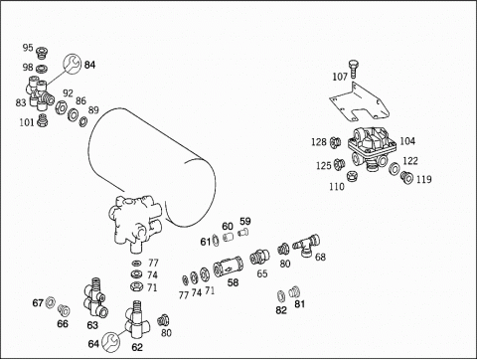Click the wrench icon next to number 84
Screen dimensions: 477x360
click(72, 63)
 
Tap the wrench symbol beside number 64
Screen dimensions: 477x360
click(110, 342)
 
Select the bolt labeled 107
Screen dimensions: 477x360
click(354, 69)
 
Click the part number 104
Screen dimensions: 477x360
click(407, 141)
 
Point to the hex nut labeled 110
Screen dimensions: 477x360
click(352, 175)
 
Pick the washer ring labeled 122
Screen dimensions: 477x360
click(395, 168)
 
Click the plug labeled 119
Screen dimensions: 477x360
click(406, 177)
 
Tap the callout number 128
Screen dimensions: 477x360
click(319, 142)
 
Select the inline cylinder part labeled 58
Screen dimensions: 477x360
click(228, 266)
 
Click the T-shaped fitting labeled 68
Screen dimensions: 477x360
click(306, 246)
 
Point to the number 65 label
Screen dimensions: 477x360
click(262, 273)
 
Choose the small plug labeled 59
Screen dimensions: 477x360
click(243, 233)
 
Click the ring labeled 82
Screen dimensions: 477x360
click(281, 295)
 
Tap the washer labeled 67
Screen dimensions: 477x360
click(50, 302)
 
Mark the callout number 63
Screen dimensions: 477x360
click(92, 325)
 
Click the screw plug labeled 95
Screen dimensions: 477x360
click(42, 53)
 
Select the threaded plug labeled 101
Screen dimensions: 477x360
click(42, 120)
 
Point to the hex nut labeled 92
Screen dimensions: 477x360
click(60, 108)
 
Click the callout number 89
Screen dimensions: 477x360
click(93, 109)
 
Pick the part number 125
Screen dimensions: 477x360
click(324, 165)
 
